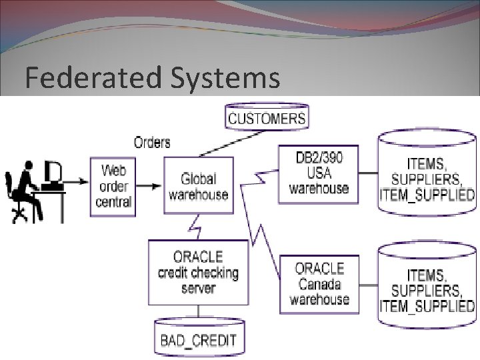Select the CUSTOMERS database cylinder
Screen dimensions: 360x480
coord(267,118)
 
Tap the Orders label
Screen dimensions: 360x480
coord(152,142)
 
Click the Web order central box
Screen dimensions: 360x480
coord(113,186)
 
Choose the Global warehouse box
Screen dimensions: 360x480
coord(198,186)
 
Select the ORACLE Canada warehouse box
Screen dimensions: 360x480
coord(318,284)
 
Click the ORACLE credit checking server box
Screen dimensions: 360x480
coord(198,272)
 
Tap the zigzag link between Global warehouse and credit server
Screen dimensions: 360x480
coord(197,227)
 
